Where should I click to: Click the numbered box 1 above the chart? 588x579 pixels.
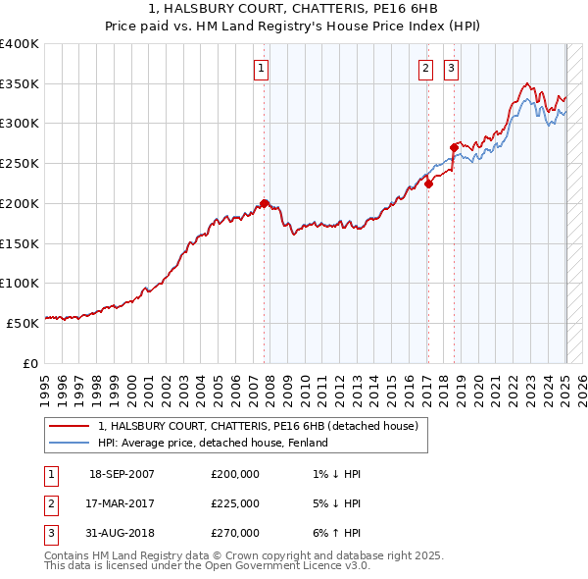point(262,69)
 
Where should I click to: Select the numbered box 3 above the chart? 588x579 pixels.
point(451,69)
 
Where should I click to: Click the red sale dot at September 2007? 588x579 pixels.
point(265,203)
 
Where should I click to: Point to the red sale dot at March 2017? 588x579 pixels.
point(428,184)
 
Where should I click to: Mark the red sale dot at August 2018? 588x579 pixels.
point(454,147)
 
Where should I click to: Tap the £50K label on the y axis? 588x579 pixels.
point(23,323)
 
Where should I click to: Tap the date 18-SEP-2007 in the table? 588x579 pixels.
point(122,474)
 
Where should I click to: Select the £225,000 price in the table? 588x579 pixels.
point(234,503)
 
